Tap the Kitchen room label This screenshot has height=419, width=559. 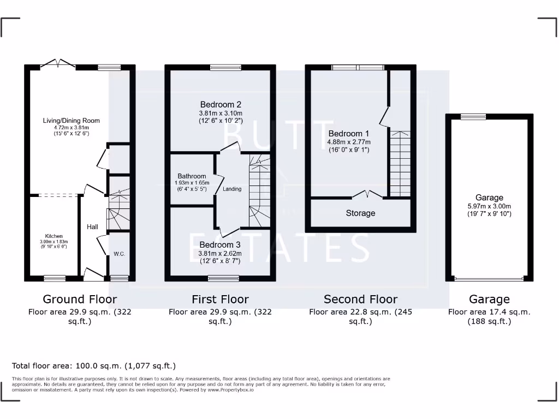pyautogui.click(x=53, y=236)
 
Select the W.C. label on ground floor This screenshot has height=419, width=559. pyautogui.click(x=120, y=254)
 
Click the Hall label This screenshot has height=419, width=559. pyautogui.click(x=92, y=226)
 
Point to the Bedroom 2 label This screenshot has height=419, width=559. pyautogui.click(x=221, y=104)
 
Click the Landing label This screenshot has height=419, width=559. pyautogui.click(x=232, y=189)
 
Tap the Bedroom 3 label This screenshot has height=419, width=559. pyautogui.click(x=220, y=244)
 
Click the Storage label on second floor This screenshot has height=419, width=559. pyautogui.click(x=360, y=213)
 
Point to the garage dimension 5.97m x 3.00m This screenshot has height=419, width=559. pyautogui.click(x=489, y=206)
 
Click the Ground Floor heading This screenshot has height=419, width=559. pyautogui.click(x=80, y=299)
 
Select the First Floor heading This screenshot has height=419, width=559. pyautogui.click(x=220, y=299)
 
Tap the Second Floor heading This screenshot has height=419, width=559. pyautogui.click(x=360, y=299)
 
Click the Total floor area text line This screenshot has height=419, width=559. pyautogui.click(x=94, y=366)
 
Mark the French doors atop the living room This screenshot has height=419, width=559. pyautogui.click(x=57, y=64)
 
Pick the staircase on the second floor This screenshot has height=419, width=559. pyautogui.click(x=400, y=164)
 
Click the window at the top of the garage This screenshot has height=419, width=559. pyautogui.click(x=473, y=116)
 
